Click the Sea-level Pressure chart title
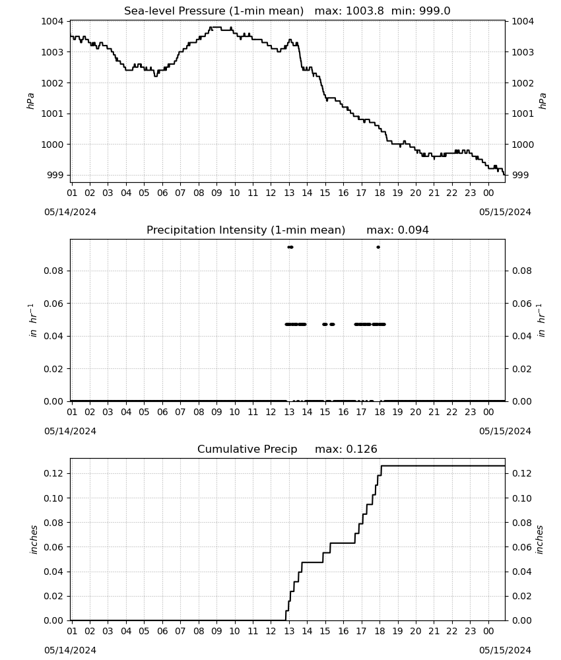click(287, 11)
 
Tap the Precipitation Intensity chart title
click(288, 230)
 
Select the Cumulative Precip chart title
click(287, 449)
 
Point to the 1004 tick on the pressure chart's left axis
click(52, 22)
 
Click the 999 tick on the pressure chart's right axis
click(520, 175)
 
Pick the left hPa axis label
click(31, 101)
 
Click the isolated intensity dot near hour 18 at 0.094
click(378, 247)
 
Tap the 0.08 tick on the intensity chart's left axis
click(53, 271)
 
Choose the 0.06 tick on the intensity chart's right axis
click(522, 304)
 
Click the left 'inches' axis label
click(34, 540)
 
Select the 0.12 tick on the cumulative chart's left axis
click(53, 473)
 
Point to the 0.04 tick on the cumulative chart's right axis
click(522, 572)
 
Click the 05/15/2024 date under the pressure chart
click(505, 212)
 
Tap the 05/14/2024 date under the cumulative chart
click(70, 650)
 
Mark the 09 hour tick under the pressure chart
click(216, 193)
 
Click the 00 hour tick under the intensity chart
click(488, 412)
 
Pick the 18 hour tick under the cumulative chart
click(379, 632)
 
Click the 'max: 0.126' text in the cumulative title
click(346, 449)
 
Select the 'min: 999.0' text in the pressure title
click(421, 11)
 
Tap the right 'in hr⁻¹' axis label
click(541, 320)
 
